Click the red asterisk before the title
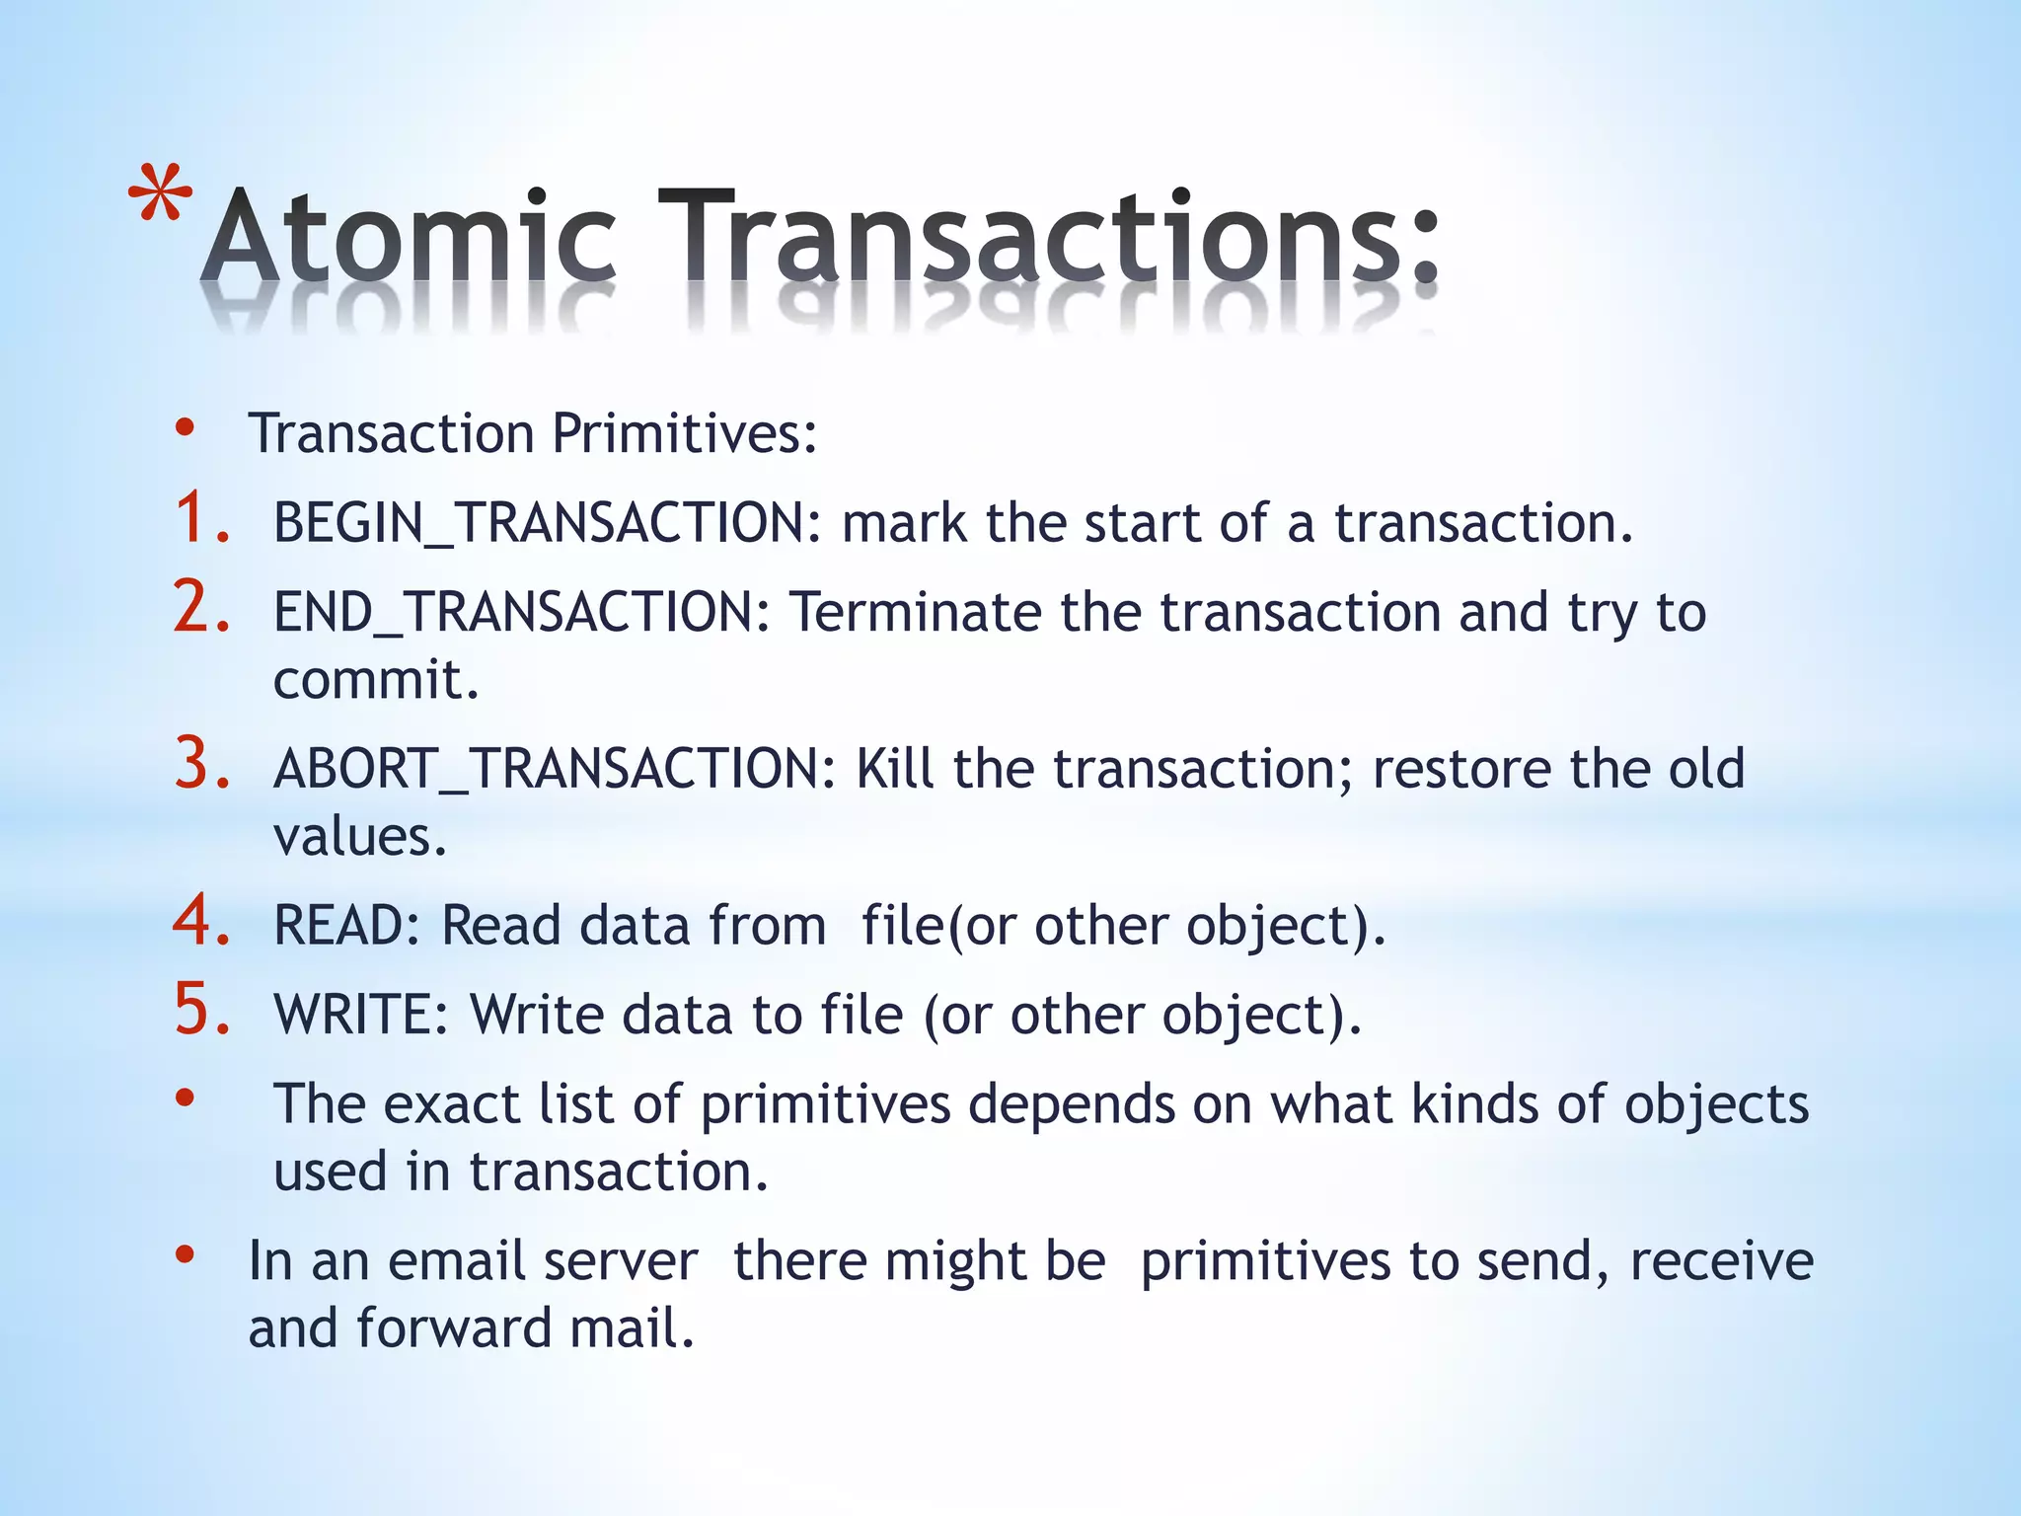click(161, 196)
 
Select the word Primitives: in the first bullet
click(685, 433)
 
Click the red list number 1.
click(202, 520)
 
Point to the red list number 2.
click(202, 607)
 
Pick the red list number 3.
click(202, 764)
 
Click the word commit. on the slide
click(376, 680)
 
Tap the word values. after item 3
click(360, 837)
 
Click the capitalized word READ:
click(347, 926)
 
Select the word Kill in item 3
click(894, 769)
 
